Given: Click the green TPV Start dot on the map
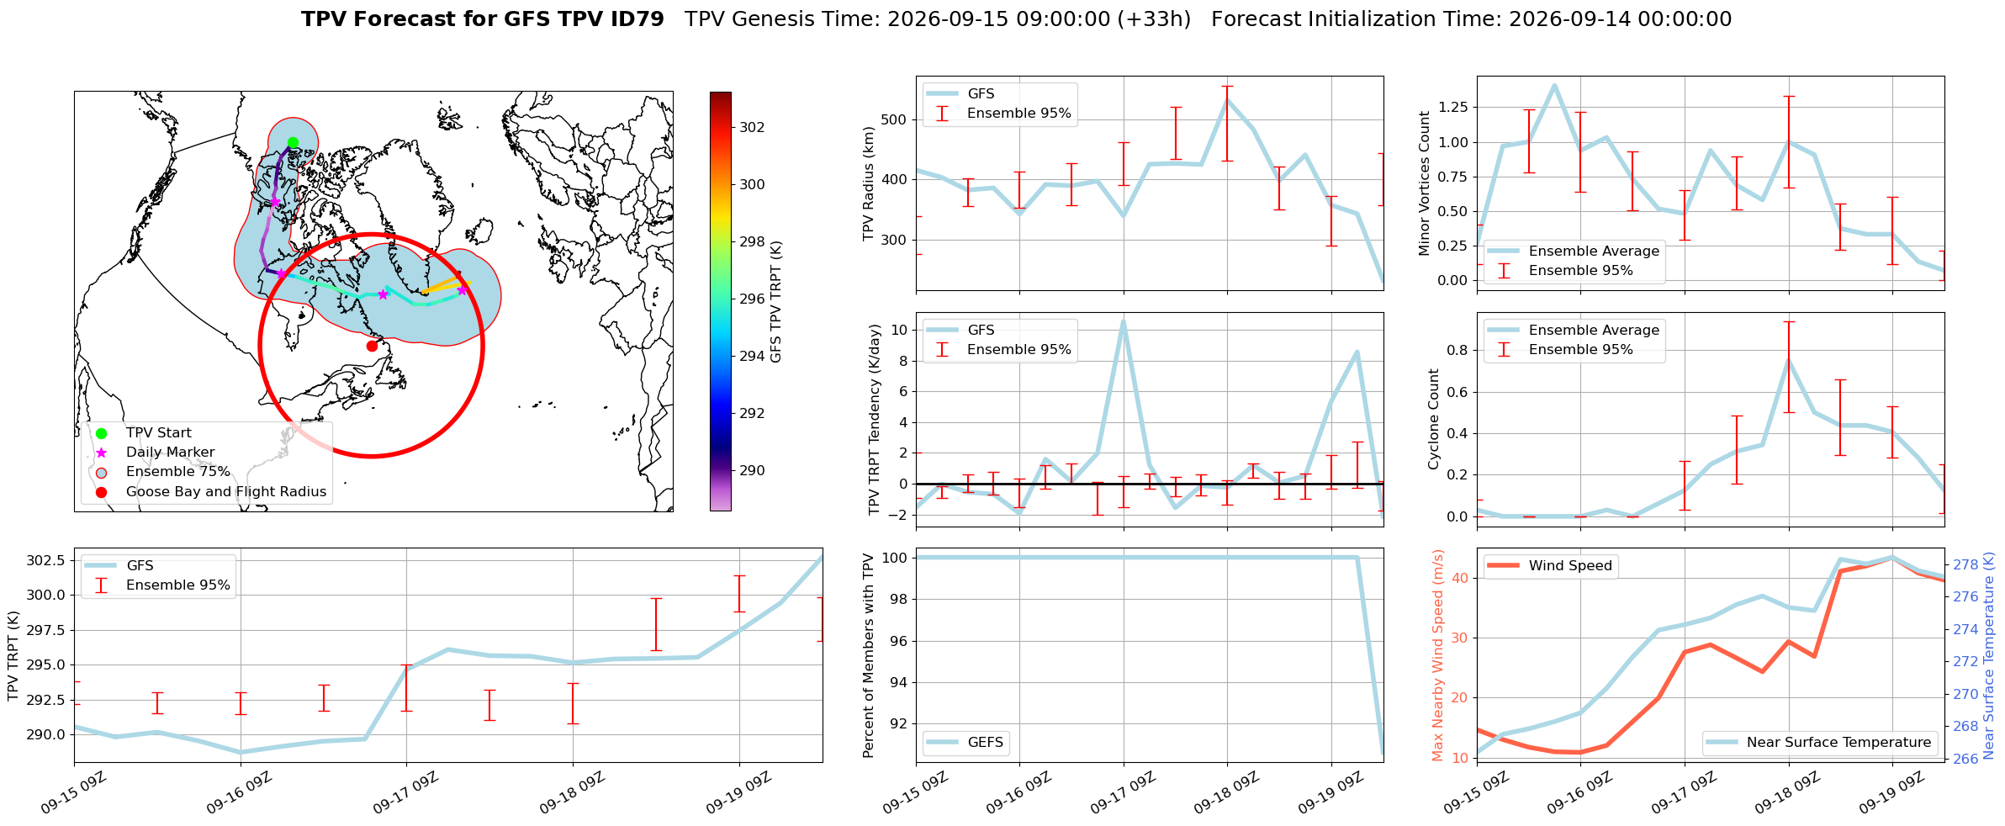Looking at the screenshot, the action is point(293,142).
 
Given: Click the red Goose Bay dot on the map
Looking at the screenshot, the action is point(372,346).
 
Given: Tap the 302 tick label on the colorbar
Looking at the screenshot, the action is point(753,127).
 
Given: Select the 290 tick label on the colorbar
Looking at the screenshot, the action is point(753,470).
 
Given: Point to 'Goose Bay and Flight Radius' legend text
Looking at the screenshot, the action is point(226,492).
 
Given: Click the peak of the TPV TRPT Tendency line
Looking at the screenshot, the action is point(1124,320).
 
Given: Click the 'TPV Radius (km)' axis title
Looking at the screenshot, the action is point(869,183).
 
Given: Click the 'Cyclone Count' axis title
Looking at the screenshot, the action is point(1434,419).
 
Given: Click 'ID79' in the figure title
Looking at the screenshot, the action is point(638,19).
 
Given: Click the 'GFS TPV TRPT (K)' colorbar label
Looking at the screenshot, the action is point(776,301).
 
